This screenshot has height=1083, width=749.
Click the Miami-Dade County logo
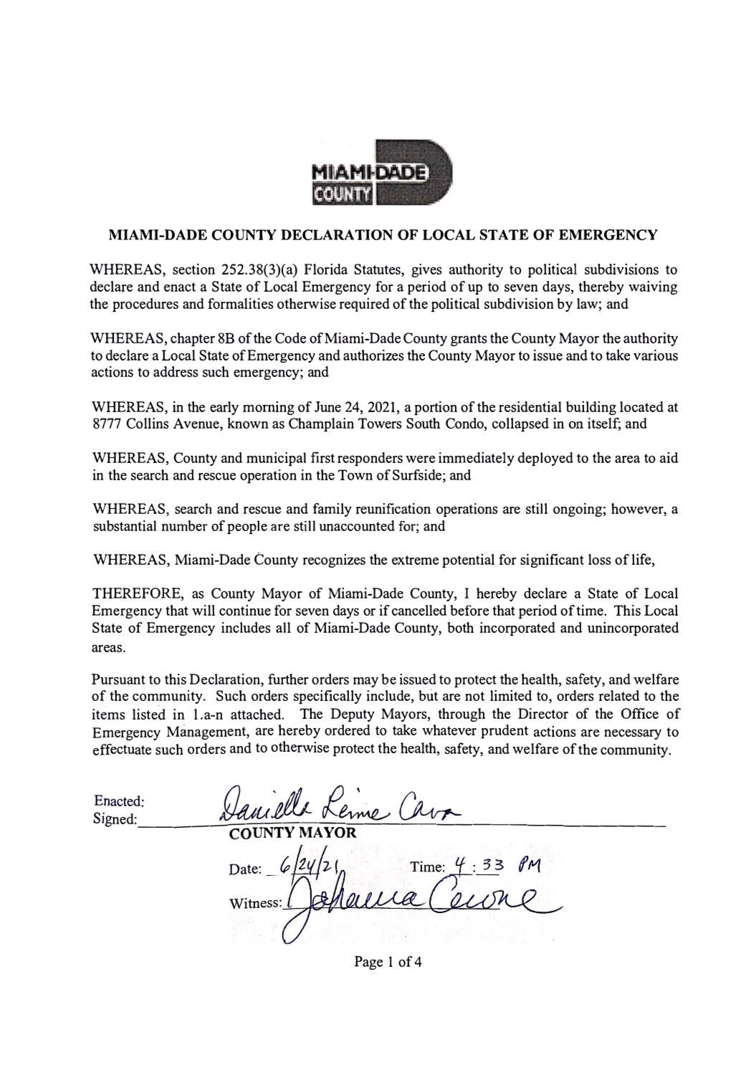click(x=381, y=172)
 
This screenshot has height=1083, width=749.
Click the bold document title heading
click(x=382, y=234)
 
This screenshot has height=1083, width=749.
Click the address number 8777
click(x=110, y=424)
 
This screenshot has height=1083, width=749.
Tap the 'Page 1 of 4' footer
click(x=388, y=961)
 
